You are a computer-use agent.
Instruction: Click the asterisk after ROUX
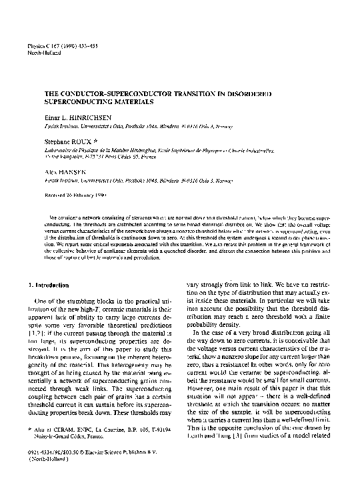coord(98,141)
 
